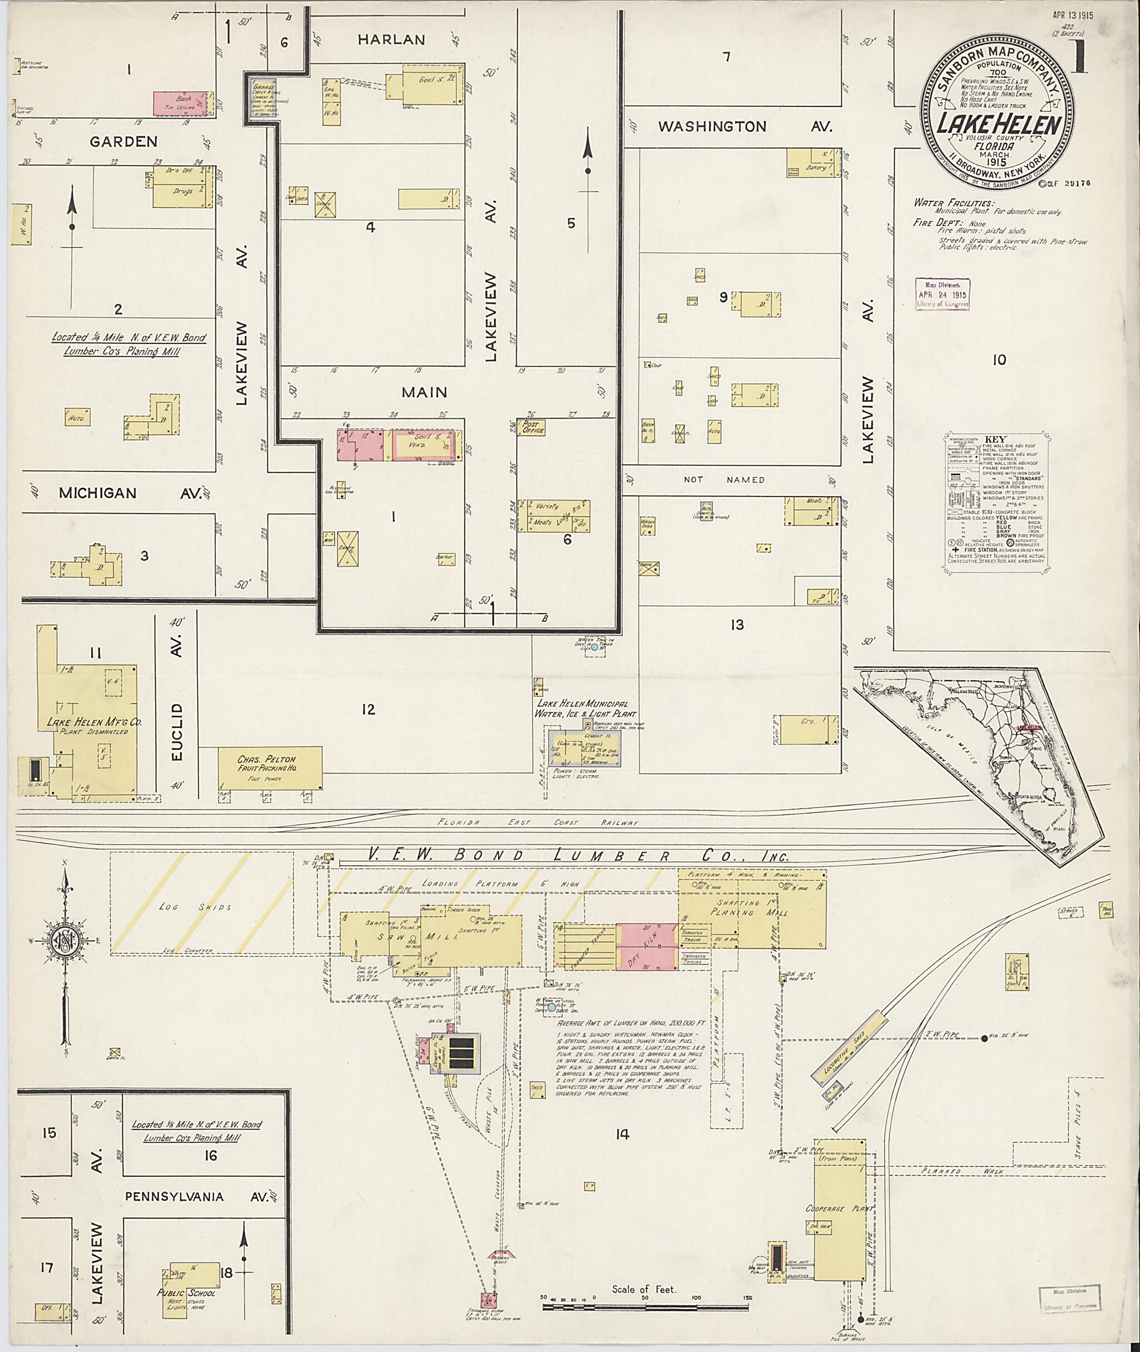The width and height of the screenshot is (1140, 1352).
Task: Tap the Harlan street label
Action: (x=392, y=40)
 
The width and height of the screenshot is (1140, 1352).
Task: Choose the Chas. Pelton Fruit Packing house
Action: (x=269, y=767)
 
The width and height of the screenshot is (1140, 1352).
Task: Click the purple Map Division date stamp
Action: (x=942, y=294)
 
